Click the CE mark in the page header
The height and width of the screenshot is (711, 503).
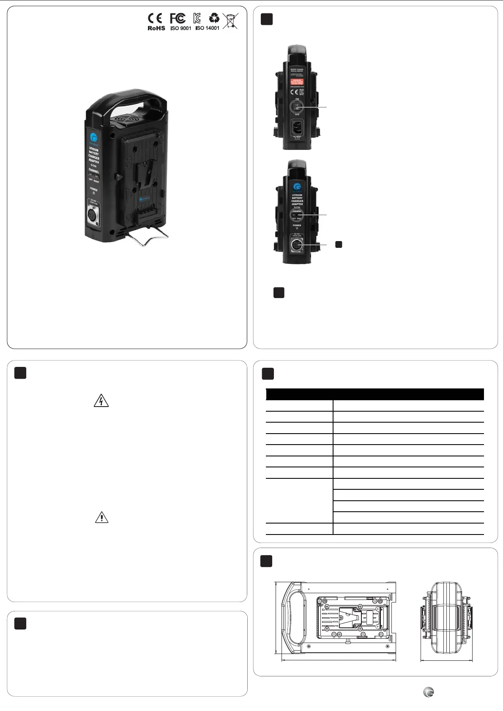pos(155,19)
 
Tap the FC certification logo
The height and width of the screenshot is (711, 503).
pos(178,19)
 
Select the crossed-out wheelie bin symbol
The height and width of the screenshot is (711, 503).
pos(230,21)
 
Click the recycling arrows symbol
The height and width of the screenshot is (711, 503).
pos(214,18)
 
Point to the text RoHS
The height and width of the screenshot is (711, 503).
pos(156,28)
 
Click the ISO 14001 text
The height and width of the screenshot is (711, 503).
pos(207,28)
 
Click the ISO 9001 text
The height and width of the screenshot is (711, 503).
pos(180,28)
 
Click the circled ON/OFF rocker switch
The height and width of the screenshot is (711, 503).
pos(297,106)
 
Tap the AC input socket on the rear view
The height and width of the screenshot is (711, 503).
pos(297,126)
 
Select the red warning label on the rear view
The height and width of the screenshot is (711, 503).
pos(297,81)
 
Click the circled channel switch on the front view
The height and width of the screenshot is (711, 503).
pos(297,215)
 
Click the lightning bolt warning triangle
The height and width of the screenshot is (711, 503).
pos(101,401)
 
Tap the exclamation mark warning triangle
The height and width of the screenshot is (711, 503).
pos(101,517)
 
